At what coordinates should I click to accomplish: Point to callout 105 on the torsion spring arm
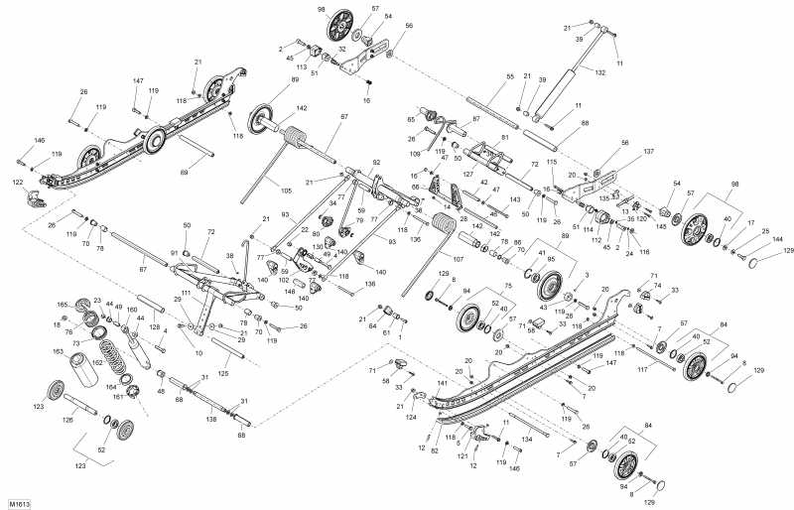[x=286, y=191]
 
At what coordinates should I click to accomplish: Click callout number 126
[x=68, y=420]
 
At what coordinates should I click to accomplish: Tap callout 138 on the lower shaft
[x=210, y=421]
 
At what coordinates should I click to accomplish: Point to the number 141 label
[x=442, y=382]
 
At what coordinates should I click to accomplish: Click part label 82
[x=434, y=450]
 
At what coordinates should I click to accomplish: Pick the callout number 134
[x=528, y=437]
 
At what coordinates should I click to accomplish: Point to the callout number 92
[x=376, y=161]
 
